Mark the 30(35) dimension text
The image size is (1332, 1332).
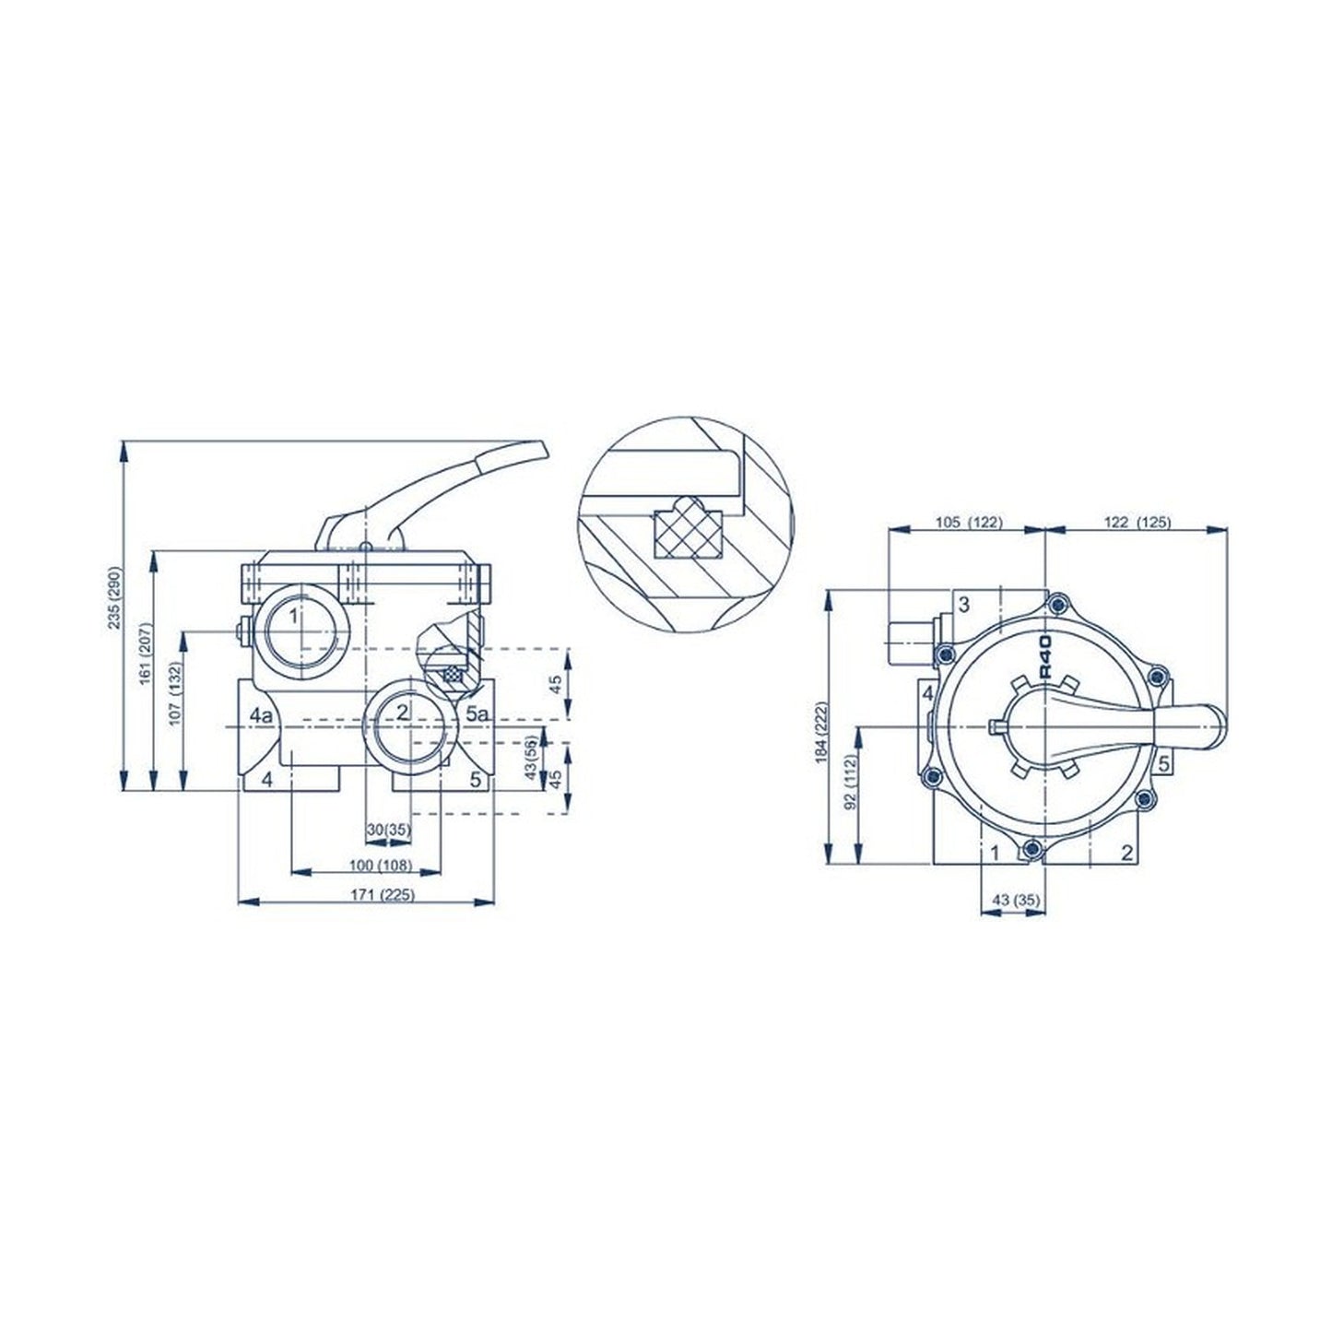[x=387, y=830]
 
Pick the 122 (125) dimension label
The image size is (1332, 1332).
[x=1136, y=522]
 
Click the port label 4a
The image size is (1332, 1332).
[x=261, y=714]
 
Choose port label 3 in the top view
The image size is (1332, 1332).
[x=963, y=605]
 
